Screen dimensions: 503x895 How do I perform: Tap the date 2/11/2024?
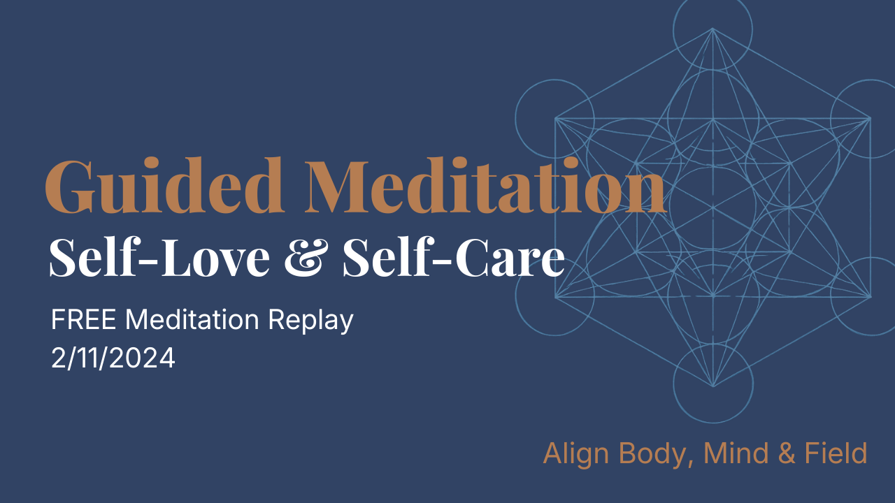click(113, 358)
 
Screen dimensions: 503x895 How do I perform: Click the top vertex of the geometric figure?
click(713, 29)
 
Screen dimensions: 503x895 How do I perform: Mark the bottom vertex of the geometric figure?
click(713, 386)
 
